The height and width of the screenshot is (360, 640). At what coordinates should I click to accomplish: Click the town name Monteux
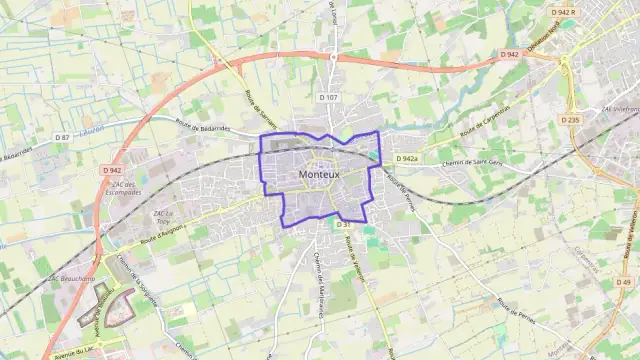click(319, 174)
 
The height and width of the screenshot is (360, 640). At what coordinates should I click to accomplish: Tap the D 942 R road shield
click(564, 12)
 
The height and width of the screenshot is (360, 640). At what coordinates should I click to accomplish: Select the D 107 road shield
click(329, 97)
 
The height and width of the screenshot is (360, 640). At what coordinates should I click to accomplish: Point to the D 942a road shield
click(406, 159)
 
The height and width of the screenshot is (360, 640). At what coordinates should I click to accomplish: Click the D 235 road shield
click(570, 120)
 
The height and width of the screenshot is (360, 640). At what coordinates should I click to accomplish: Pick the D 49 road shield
click(625, 283)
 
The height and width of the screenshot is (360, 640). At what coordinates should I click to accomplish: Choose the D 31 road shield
click(315, 224)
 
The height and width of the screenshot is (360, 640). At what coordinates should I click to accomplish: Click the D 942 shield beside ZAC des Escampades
click(111, 170)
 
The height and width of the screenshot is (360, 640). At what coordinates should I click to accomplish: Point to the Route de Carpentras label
click(485, 121)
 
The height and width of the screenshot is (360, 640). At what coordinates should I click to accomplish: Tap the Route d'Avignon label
click(164, 234)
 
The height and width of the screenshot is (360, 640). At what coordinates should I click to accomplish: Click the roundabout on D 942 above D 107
click(333, 57)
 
